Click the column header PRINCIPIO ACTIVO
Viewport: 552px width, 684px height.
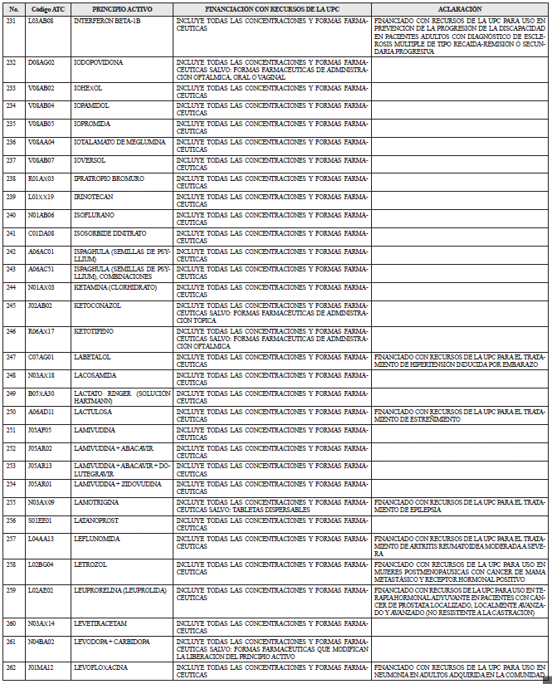point(121,7)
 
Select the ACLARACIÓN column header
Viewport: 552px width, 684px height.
point(459,7)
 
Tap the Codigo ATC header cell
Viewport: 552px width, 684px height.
point(42,7)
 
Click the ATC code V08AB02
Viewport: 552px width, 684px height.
point(42,87)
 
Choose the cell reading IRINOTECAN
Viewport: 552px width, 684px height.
point(93,197)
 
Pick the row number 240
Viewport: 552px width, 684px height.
point(11,215)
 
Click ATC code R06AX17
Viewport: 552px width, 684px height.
point(42,331)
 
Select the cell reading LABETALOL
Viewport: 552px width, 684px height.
point(92,356)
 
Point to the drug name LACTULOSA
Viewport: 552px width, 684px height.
point(93,411)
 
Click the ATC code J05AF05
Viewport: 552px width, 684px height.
point(40,429)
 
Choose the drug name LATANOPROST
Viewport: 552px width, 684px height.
point(97,520)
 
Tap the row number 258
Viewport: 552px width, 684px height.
point(11,564)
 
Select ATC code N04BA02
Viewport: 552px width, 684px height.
point(42,642)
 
